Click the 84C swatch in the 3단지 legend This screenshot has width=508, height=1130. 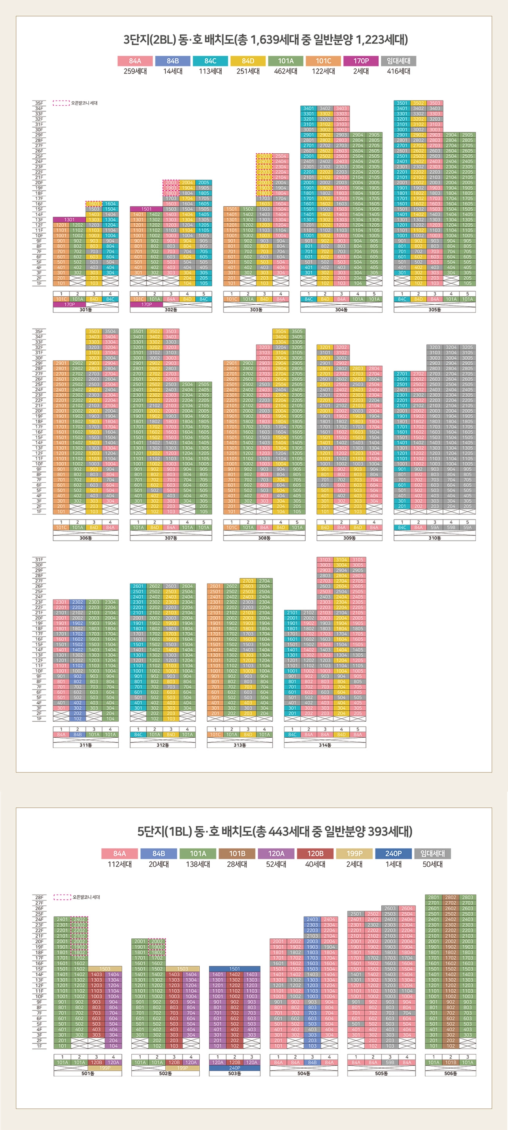coord(210,61)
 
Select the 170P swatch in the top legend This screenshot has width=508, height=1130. coord(361,61)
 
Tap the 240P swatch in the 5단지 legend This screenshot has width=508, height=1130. coord(393,853)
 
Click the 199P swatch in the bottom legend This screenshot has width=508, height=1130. coord(354,853)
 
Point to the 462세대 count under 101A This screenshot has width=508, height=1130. coord(285,71)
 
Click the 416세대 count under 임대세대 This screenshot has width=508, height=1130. coord(399,71)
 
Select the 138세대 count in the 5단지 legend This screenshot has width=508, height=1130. coord(198,864)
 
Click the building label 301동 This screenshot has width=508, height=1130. coord(86,310)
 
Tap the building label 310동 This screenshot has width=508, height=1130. coord(435,538)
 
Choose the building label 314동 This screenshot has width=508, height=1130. coord(325,745)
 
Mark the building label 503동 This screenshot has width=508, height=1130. coord(234,1073)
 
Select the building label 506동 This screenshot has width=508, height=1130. coord(450,1073)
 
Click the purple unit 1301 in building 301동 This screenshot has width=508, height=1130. coord(69,219)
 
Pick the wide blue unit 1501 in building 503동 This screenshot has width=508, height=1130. coord(234,968)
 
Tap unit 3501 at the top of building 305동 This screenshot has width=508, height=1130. coord(401,103)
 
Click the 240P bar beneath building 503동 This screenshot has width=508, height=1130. coord(234,1068)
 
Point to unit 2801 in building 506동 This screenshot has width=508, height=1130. coord(433,898)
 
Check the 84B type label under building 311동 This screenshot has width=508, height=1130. coord(78,734)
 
